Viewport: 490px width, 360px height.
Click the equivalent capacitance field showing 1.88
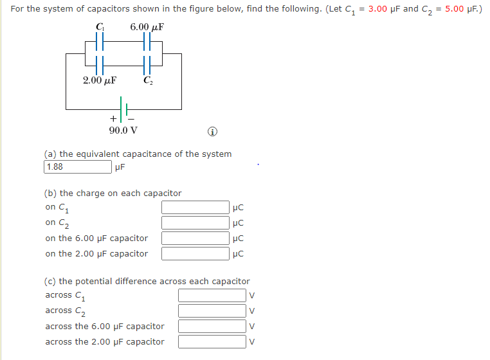tap(77, 167)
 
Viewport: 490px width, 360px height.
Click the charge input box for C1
tap(195, 207)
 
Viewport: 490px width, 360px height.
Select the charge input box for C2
tap(195, 222)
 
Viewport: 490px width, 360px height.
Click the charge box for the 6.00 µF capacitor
tap(195, 238)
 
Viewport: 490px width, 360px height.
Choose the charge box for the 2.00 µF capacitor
tap(195, 253)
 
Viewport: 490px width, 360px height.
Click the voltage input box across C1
tap(212, 295)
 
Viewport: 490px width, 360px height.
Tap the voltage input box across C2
tap(212, 310)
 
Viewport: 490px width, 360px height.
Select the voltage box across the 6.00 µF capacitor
tap(212, 326)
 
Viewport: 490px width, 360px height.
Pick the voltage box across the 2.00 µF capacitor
tap(212, 341)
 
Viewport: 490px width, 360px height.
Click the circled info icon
tap(212, 132)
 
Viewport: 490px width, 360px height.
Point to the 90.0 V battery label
tap(122, 130)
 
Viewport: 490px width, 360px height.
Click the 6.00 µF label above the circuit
tap(147, 27)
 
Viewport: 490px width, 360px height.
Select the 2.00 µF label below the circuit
tap(99, 81)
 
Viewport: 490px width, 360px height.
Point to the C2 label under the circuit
tap(148, 81)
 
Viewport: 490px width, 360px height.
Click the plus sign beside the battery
tap(114, 119)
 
